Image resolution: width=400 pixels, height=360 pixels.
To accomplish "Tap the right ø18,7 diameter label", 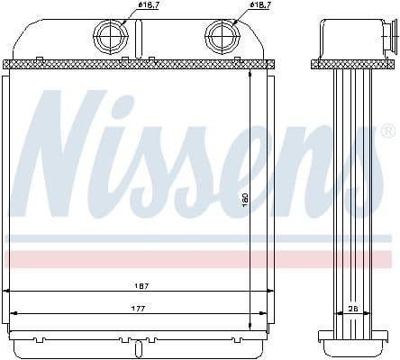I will [x=259, y=6].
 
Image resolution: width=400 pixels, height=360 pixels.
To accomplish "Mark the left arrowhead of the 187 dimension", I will [x=8, y=292].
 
